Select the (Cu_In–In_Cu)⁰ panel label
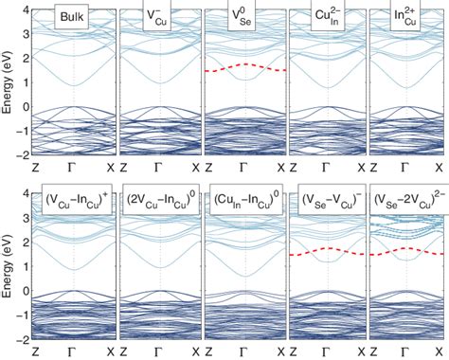click(x=244, y=201)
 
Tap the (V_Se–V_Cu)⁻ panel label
click(x=328, y=201)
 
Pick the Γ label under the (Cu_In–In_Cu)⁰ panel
click(x=244, y=351)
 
